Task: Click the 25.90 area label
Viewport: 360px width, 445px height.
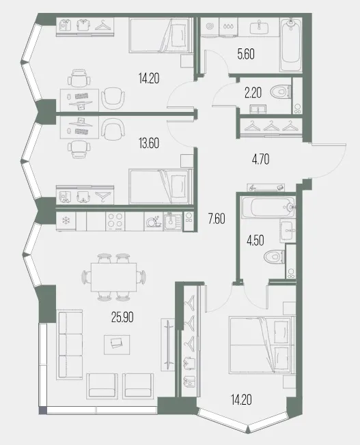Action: click(122, 317)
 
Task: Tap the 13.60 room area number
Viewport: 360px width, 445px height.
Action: click(149, 143)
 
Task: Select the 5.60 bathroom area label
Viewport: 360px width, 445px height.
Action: click(246, 54)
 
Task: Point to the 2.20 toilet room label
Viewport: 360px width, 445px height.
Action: click(253, 93)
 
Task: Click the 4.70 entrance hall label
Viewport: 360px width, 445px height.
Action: click(260, 160)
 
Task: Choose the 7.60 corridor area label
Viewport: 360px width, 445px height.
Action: click(217, 219)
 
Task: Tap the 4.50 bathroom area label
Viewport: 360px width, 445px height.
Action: click(255, 240)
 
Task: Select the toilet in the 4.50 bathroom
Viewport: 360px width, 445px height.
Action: click(274, 257)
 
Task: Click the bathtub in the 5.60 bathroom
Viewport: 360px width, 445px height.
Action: click(291, 45)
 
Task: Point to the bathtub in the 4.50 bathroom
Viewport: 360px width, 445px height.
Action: click(268, 207)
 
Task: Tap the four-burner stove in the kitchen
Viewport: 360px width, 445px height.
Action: click(115, 221)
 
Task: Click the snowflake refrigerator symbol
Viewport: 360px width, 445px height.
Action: click(66, 220)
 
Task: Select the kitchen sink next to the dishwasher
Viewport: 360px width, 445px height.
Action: click(172, 221)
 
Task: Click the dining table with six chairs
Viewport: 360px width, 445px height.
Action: click(113, 277)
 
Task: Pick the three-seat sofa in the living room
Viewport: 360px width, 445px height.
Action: click(70, 345)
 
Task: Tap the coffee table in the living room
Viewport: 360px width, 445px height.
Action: click(117, 345)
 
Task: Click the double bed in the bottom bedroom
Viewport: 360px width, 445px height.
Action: click(262, 345)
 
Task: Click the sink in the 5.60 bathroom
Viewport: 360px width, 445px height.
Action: click(259, 27)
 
